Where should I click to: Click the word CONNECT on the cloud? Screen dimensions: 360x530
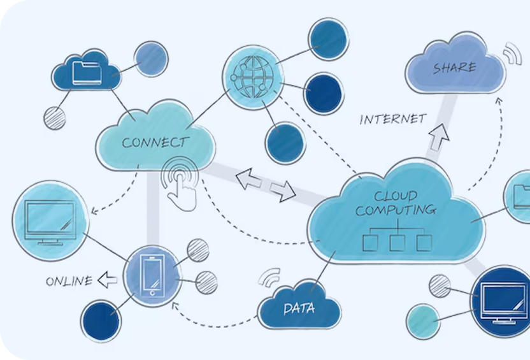[155, 142]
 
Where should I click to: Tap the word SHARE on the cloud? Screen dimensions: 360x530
[454, 68]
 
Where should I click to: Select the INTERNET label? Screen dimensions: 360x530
[392, 119]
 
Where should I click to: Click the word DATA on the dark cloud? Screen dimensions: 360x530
[299, 309]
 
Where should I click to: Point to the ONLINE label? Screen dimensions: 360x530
[68, 281]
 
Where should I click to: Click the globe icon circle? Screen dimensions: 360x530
[254, 76]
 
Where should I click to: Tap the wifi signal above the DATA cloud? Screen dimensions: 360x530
[270, 278]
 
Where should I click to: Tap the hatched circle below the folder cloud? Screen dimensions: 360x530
[55, 118]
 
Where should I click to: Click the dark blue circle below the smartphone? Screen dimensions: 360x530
[101, 320]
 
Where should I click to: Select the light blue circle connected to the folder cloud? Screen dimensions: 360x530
[152, 57]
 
